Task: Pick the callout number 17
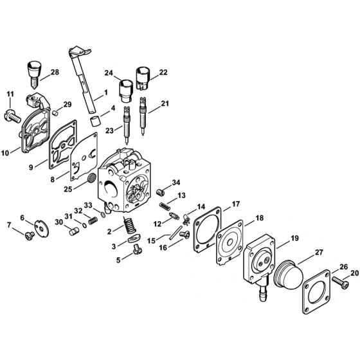[x=236, y=204]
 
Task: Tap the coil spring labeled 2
[x=131, y=225]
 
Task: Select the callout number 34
[x=175, y=182]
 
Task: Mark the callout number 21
[x=165, y=104]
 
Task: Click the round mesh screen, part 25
[x=91, y=175]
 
